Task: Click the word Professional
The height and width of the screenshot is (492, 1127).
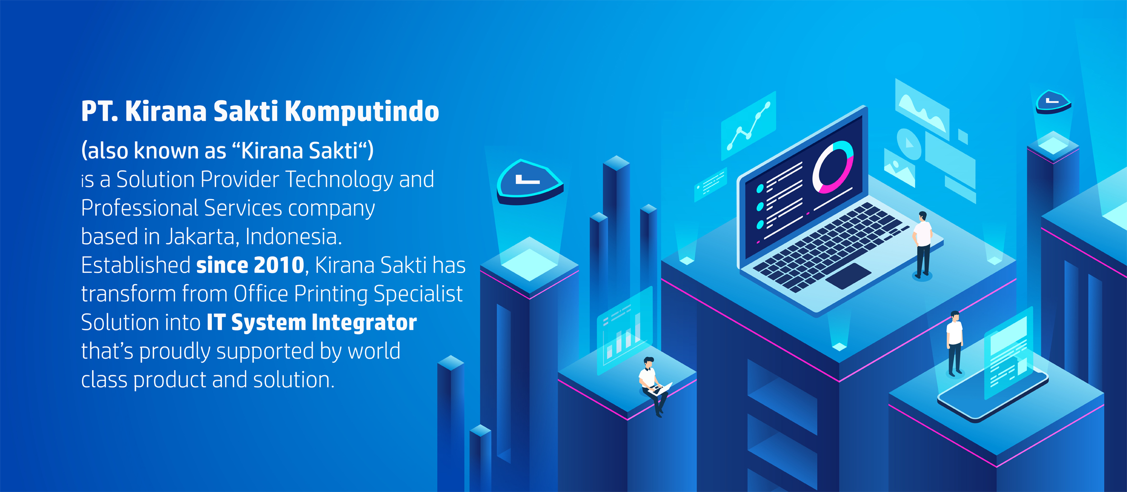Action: [139, 208]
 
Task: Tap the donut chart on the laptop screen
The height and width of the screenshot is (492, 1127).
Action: [833, 167]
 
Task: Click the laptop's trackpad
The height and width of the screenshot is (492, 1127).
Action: [848, 276]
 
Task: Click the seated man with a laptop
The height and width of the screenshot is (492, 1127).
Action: [653, 387]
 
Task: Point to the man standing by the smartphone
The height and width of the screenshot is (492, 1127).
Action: [954, 343]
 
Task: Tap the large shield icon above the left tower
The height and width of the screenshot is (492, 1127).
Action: [530, 182]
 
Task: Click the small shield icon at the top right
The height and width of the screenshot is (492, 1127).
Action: [1054, 102]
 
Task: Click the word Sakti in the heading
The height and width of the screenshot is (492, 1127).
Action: [245, 112]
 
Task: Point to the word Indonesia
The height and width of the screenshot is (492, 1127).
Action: [293, 237]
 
